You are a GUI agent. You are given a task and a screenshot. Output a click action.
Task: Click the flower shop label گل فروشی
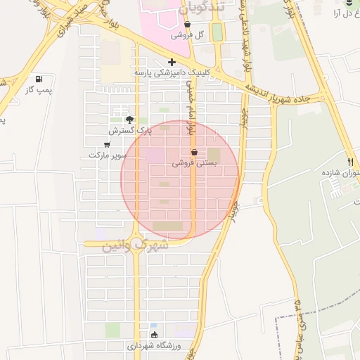point(188,35)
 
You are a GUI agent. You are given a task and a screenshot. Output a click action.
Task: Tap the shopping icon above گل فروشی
point(188,25)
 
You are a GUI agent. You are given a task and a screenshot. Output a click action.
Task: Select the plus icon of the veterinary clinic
point(172,62)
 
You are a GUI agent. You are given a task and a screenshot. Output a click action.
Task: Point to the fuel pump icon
point(38,79)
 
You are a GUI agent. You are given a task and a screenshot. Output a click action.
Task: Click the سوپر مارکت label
point(108,154)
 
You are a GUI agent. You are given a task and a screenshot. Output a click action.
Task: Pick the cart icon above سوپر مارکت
point(107,144)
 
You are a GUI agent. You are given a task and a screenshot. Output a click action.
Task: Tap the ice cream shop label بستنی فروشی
point(194,162)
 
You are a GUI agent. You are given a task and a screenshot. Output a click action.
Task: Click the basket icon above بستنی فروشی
point(194,152)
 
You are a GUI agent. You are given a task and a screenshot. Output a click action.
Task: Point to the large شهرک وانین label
point(135,245)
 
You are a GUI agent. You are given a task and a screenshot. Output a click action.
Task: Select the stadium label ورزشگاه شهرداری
point(154,346)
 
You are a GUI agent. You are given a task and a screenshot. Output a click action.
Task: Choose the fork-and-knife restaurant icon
point(350,161)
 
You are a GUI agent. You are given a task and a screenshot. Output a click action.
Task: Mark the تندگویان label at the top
point(186,9)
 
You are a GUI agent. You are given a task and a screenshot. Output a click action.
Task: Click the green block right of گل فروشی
point(217,32)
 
